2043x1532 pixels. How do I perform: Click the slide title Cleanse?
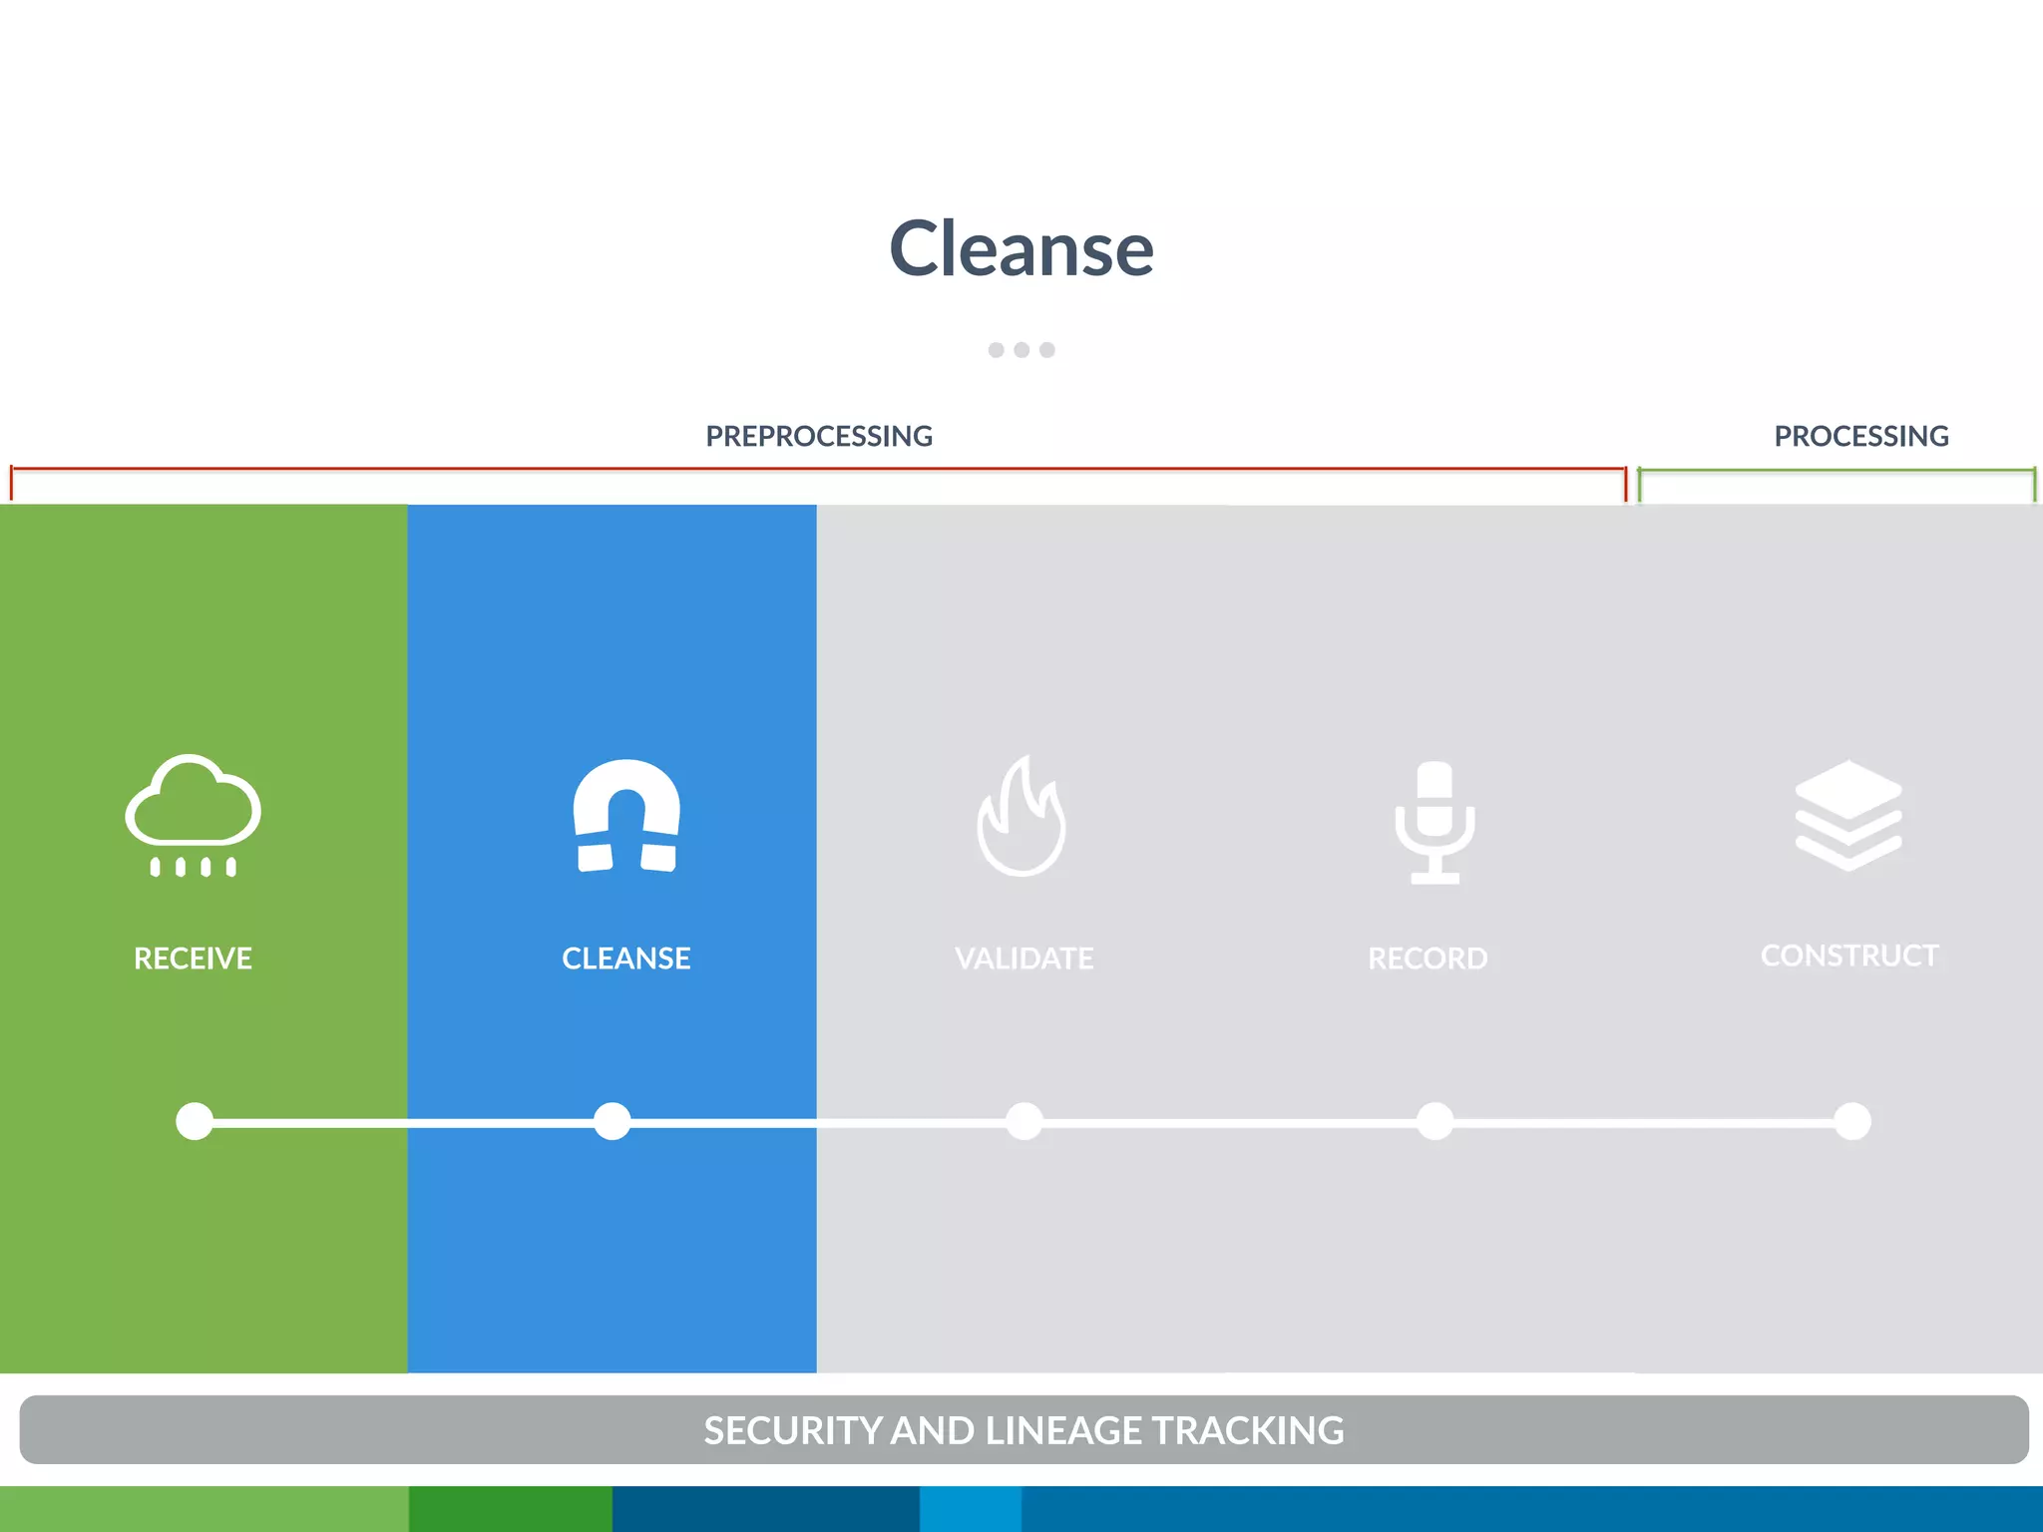(1021, 248)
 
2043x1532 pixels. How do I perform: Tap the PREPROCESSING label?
(819, 436)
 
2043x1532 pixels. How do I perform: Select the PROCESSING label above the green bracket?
(1860, 436)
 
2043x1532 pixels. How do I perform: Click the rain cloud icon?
(194, 814)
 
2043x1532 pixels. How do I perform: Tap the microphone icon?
(1434, 822)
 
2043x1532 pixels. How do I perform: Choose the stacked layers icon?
(1848, 815)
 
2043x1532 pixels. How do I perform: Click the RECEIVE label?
(193, 958)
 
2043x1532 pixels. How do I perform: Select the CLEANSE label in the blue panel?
(626, 958)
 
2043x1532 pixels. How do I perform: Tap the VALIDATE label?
(1023, 958)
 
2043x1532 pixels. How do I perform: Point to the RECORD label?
(1428, 958)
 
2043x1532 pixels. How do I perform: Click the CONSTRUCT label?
(1849, 956)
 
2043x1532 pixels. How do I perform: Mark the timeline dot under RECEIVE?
(195, 1121)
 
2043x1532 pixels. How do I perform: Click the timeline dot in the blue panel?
(612, 1121)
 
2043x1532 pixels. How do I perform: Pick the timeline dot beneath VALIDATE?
(1024, 1121)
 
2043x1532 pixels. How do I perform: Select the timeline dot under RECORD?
(1434, 1121)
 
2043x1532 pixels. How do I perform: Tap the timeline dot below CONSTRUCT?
(1852, 1121)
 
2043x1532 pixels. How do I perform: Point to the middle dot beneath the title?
(1021, 350)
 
